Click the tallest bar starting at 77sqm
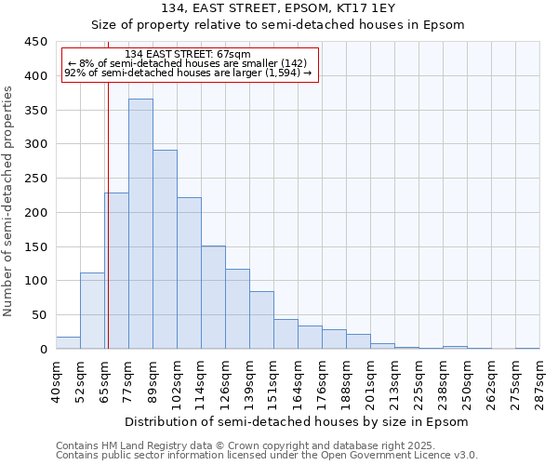[x=140, y=223]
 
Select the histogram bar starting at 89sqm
[x=165, y=249]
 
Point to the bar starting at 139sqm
[x=261, y=320]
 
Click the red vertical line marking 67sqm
[x=108, y=214]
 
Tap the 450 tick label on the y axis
[x=36, y=42]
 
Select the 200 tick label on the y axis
[x=36, y=213]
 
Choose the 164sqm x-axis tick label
[x=298, y=381]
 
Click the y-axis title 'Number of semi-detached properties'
[x=9, y=201]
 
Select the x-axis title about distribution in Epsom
[x=297, y=421]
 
